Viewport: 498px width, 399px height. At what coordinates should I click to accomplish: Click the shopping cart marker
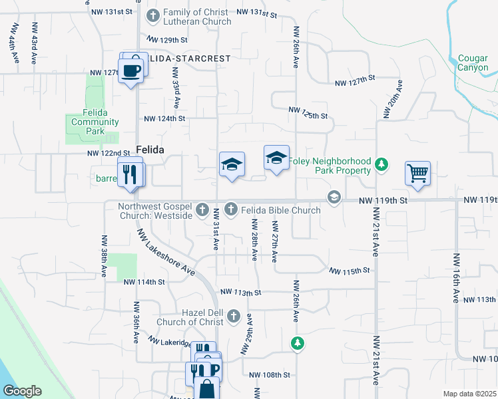pyautogui.click(x=417, y=174)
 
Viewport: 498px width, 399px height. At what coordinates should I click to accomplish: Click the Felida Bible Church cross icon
pyautogui.click(x=231, y=209)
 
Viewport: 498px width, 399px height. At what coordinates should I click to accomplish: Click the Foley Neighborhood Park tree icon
pyautogui.click(x=381, y=164)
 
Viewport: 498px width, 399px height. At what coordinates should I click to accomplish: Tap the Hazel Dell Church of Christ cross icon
pyautogui.click(x=233, y=315)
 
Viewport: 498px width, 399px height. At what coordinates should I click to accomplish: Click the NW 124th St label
pyautogui.click(x=164, y=118)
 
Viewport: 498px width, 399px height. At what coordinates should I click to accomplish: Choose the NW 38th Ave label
pyautogui.click(x=104, y=255)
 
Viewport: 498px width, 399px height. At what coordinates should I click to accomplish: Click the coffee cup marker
pyautogui.click(x=131, y=70)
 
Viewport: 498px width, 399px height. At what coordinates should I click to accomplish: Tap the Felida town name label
pyautogui.click(x=150, y=150)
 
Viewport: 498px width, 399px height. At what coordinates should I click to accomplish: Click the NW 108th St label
pyautogui.click(x=270, y=374)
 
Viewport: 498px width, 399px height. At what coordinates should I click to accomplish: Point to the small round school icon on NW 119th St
pyautogui.click(x=334, y=197)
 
